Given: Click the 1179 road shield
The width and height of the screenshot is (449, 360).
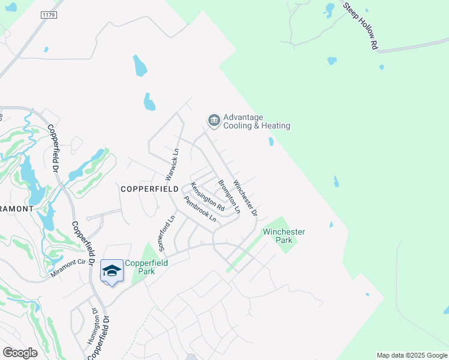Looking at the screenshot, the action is (x=49, y=14).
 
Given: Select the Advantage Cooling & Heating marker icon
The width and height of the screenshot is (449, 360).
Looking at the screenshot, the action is (x=213, y=121).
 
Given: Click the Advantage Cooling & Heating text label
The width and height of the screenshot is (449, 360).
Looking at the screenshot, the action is (x=256, y=121).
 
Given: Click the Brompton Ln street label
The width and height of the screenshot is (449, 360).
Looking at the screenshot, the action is (x=229, y=197).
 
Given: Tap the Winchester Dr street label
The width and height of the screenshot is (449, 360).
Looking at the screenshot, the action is (x=245, y=198).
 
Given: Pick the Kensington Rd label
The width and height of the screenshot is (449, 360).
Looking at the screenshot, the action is (x=208, y=197).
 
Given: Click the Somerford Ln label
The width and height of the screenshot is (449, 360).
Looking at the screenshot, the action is (x=162, y=235).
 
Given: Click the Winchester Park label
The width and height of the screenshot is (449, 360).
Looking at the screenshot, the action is (x=284, y=236).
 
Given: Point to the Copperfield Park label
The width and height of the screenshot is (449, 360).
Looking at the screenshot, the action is (x=140, y=267).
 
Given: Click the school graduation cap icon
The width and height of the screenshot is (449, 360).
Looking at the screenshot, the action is (x=112, y=271).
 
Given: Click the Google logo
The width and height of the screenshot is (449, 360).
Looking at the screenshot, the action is (x=20, y=353).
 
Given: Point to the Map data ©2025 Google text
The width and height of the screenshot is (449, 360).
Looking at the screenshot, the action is (x=411, y=355).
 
